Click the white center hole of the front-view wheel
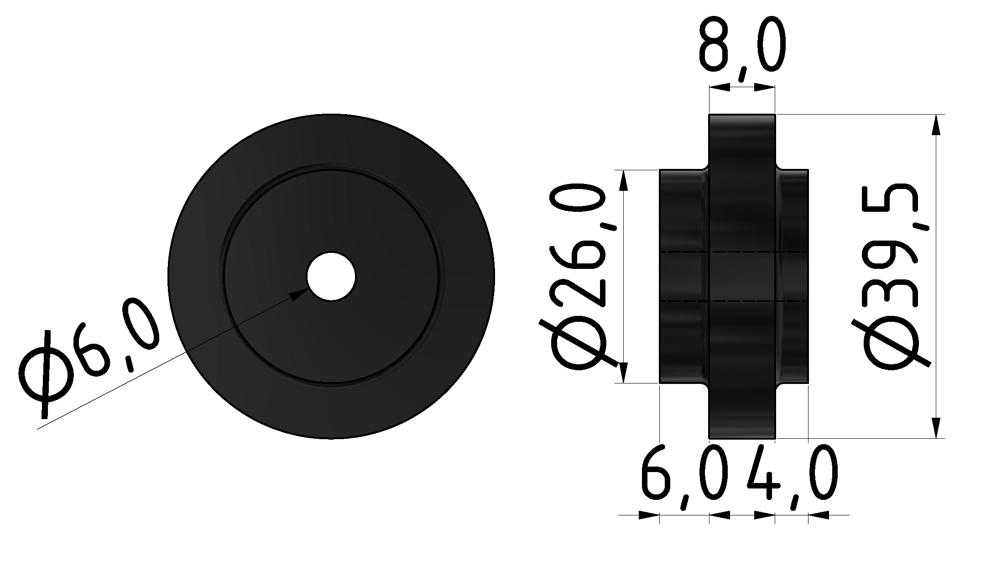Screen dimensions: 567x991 (x=331, y=277)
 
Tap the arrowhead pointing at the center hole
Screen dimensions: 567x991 (x=299, y=294)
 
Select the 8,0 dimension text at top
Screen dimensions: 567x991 (x=742, y=46)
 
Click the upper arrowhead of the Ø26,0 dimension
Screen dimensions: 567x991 (x=623, y=181)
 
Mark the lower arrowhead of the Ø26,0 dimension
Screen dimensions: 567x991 (x=623, y=372)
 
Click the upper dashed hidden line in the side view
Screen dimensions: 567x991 (x=735, y=252)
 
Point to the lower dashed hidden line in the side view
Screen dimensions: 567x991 (x=735, y=301)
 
